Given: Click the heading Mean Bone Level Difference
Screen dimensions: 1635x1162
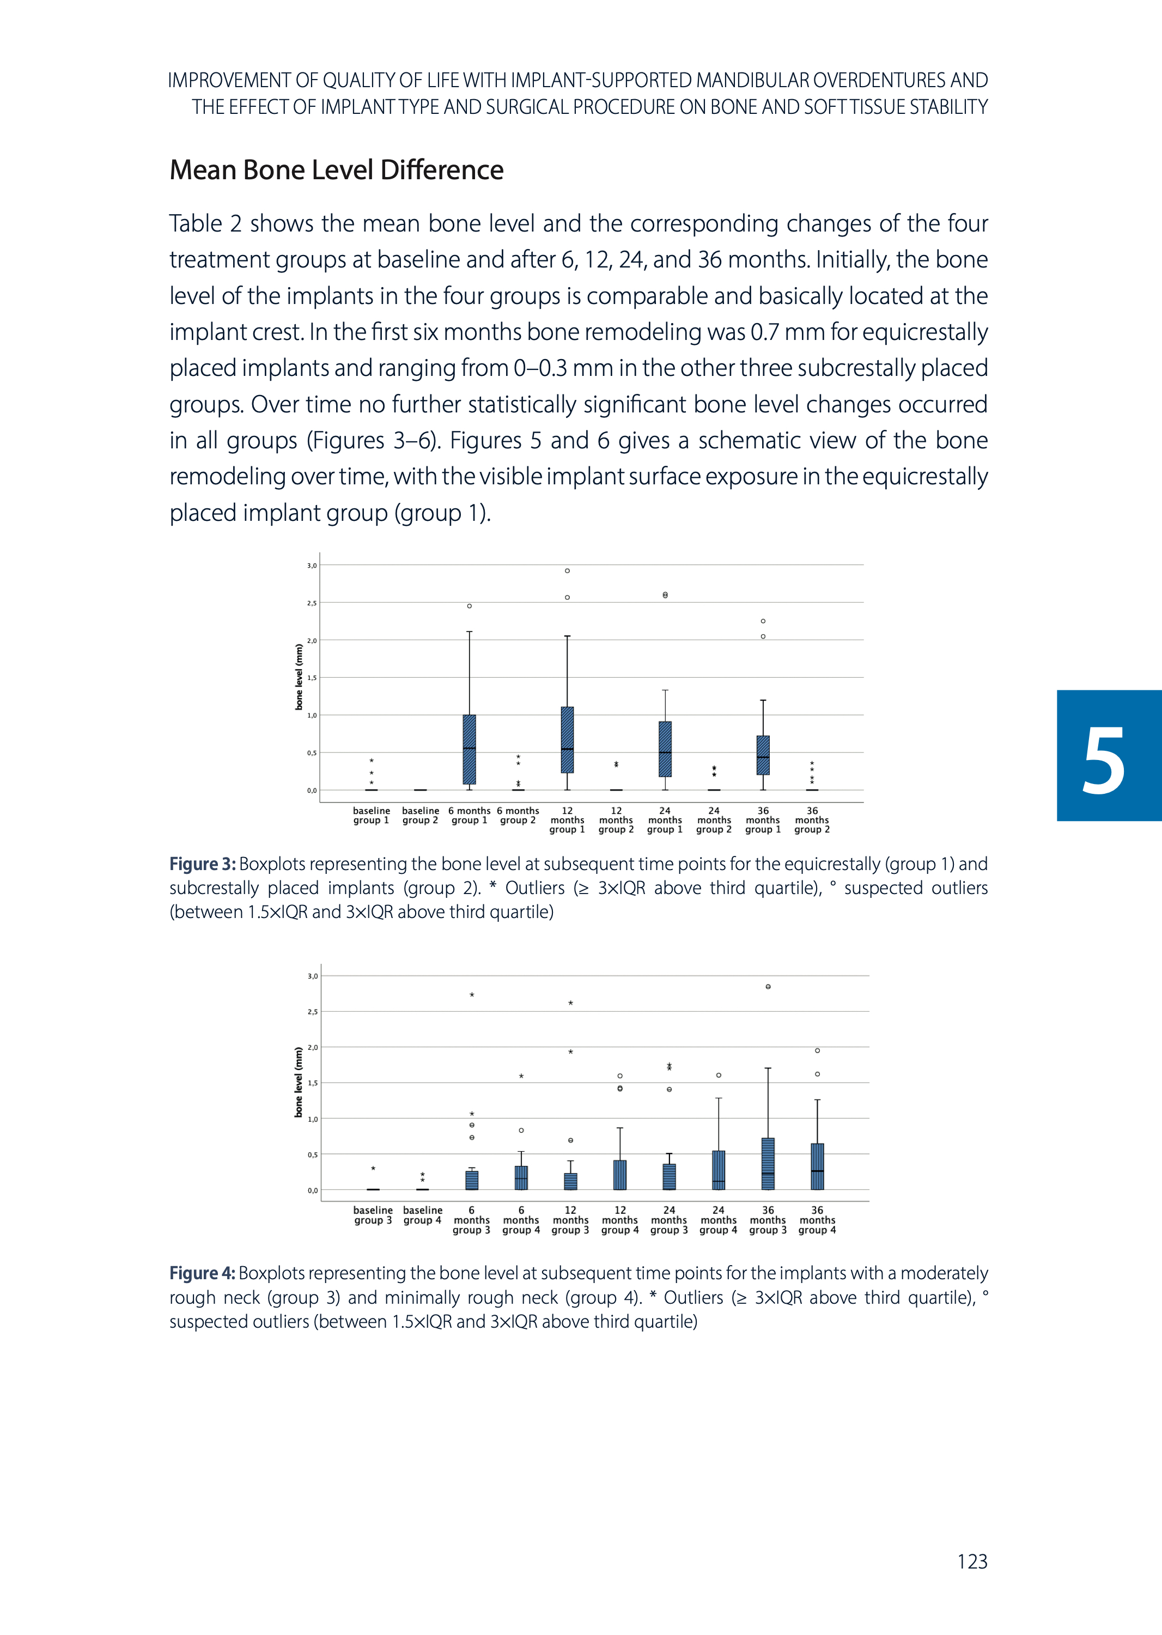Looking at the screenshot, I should pyautogui.click(x=336, y=171).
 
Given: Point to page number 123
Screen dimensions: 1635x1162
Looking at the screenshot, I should pyautogui.click(x=972, y=1561).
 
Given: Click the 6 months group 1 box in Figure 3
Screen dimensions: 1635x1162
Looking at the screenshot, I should pyautogui.click(x=470, y=749).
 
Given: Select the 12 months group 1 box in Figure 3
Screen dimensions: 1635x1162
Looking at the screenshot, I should pyautogui.click(x=568, y=740).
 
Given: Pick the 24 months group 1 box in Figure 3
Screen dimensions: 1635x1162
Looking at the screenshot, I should pyautogui.click(x=665, y=749).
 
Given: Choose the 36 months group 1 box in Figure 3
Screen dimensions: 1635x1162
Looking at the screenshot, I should pyautogui.click(x=763, y=755).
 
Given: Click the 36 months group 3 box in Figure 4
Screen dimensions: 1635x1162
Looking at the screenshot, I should pyautogui.click(x=768, y=1164).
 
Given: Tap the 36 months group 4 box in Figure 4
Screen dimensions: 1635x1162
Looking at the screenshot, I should pyautogui.click(x=817, y=1166).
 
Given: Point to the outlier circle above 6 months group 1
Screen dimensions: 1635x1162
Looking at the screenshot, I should pyautogui.click(x=470, y=606).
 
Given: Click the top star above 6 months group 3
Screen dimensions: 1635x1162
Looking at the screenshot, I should pyautogui.click(x=472, y=995).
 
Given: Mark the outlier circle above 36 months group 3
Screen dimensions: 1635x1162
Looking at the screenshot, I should pyautogui.click(x=768, y=987).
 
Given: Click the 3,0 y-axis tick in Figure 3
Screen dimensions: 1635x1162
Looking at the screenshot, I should pyautogui.click(x=312, y=566).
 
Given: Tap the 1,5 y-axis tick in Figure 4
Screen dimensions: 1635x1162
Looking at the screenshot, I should pyautogui.click(x=313, y=1083).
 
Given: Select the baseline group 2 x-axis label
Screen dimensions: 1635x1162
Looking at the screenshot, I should pyautogui.click(x=420, y=816).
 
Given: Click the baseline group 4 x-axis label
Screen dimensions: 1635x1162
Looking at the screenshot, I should pyautogui.click(x=422, y=1215).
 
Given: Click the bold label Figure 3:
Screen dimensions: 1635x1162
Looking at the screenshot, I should pyautogui.click(x=203, y=865).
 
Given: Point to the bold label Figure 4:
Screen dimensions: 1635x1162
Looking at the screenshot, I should pyautogui.click(x=203, y=1274).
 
